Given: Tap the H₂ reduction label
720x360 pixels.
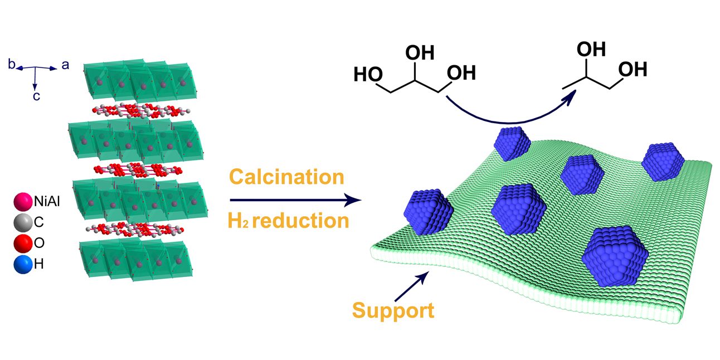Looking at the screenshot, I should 288,221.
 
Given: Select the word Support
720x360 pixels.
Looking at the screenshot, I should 393,310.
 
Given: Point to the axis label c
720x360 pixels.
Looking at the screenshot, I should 35,96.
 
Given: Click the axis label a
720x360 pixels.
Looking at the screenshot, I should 65,65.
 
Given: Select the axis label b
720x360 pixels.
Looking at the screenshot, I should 11,65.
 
